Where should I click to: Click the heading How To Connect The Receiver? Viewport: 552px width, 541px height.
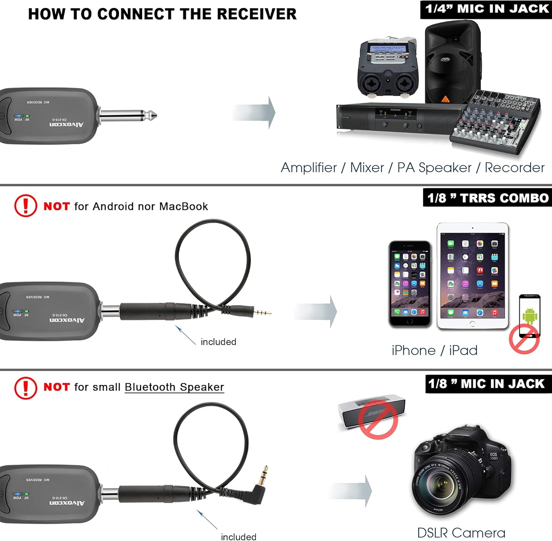tap(162, 14)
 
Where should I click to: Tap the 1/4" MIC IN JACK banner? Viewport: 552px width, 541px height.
tap(486, 9)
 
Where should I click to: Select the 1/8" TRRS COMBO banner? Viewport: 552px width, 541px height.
tap(488, 198)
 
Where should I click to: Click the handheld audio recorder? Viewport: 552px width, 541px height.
tap(388, 68)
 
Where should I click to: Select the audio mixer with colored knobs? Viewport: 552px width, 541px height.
tap(495, 120)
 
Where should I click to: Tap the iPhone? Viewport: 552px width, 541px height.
tap(410, 284)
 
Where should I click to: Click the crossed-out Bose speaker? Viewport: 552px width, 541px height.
tap(372, 414)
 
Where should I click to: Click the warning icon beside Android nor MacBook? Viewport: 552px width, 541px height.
tap(25, 205)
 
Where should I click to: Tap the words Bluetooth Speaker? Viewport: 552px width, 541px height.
tap(174, 387)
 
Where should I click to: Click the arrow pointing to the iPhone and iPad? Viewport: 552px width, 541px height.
tap(316, 311)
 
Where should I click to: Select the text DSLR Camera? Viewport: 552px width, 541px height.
tap(461, 533)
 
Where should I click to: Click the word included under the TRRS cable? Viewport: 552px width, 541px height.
tap(218, 342)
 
